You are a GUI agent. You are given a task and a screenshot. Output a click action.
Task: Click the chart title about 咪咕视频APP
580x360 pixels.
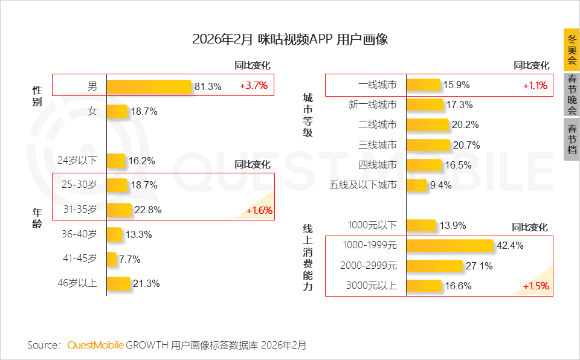289,40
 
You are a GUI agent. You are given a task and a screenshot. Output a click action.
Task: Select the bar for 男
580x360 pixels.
149,86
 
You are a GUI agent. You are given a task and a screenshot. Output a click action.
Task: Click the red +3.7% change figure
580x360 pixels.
253,86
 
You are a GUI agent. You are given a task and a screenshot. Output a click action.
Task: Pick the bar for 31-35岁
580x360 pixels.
119,210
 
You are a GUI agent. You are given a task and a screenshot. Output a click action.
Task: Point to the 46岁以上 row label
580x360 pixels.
77,283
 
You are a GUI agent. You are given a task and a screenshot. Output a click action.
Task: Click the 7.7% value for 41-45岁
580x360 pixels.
130,259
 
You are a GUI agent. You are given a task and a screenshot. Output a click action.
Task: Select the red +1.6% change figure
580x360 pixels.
259,211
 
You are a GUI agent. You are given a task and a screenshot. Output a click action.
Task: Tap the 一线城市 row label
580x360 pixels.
378,86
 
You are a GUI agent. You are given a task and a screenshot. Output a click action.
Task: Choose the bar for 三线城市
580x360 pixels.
428,145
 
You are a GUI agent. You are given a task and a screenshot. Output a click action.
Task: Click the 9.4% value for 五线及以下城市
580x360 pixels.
441,185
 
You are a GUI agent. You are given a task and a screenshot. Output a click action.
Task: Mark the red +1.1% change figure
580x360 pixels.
535,86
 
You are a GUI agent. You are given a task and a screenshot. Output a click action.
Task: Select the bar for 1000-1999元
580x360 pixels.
450,246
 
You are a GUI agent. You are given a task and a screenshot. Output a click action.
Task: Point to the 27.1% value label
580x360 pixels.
479,266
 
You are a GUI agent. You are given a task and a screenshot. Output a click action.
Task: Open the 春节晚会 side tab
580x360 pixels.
572,94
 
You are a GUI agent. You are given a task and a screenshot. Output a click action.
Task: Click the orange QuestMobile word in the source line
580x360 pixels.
95,346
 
